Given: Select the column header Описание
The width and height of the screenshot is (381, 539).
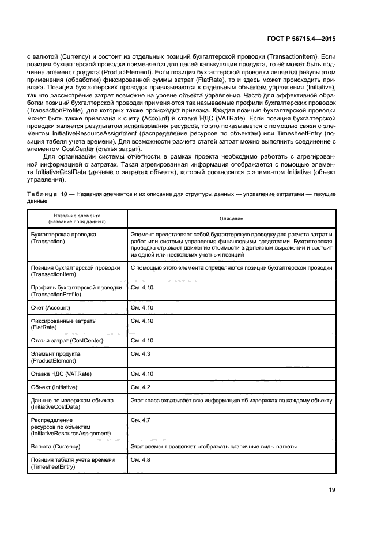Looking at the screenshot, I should click(x=231, y=218).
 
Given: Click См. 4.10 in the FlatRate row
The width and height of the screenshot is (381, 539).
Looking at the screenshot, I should click(x=141, y=320).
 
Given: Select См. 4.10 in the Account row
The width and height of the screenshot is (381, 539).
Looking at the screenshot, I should click(x=141, y=307).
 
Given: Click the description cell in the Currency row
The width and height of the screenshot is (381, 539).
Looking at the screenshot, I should click(x=214, y=447).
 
